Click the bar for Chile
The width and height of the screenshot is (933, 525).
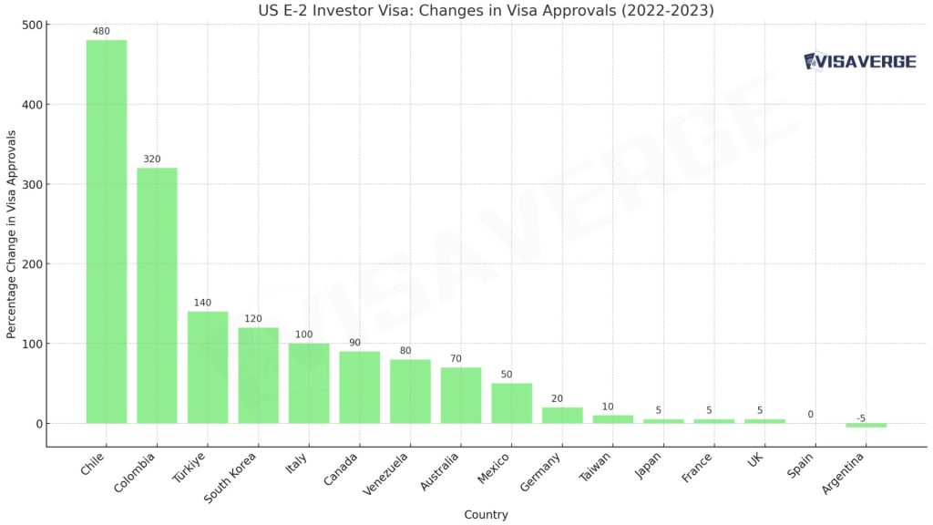click(106, 232)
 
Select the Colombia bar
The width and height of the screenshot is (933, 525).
click(157, 295)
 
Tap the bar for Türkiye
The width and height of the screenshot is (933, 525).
click(208, 367)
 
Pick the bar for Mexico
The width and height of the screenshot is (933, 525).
click(511, 403)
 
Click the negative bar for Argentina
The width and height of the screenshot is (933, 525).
click(866, 426)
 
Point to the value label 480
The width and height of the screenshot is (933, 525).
click(101, 32)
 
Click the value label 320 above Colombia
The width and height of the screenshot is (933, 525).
click(152, 160)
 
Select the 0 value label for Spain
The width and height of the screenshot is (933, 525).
click(810, 415)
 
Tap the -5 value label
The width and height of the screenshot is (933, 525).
click(861, 418)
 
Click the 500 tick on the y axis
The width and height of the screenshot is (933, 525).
click(29, 25)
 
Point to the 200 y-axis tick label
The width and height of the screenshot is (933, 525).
click(29, 264)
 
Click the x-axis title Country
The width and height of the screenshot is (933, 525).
click(486, 515)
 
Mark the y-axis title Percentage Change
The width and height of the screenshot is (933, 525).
click(12, 233)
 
